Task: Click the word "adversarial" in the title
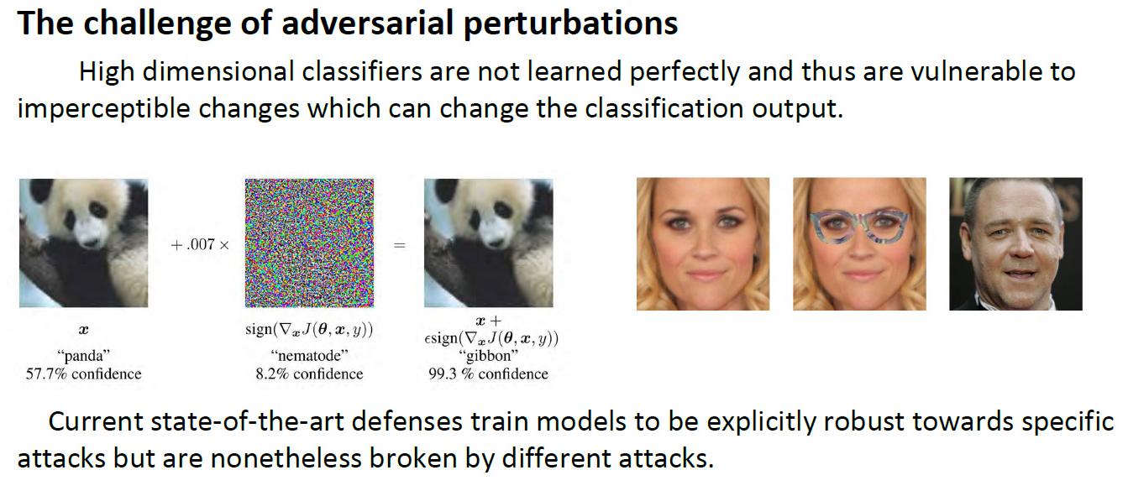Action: pos(368,24)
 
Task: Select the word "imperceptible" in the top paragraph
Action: pos(103,109)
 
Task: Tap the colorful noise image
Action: pos(309,243)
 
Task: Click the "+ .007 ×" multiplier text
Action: pos(200,245)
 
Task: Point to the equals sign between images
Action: pos(399,245)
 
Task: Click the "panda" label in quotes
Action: pos(84,356)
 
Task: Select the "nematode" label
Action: pos(309,356)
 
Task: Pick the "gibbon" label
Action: pos(488,356)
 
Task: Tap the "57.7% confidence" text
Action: pos(84,374)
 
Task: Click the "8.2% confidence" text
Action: pos(309,374)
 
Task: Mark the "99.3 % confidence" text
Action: pos(488,374)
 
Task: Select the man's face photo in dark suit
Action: pos(1015,243)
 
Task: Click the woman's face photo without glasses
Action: pos(703,243)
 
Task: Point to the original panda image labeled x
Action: pos(84,243)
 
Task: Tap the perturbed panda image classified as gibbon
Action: pos(489,243)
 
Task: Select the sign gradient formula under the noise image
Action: pos(309,330)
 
